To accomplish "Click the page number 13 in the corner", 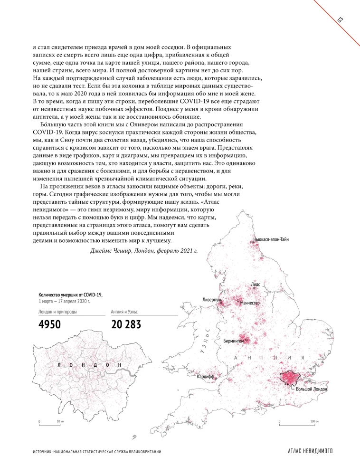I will click(x=341, y=19).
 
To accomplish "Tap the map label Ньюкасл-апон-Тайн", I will click(x=271, y=239).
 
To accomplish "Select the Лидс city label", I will click(x=256, y=284).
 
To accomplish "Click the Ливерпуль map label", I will click(x=212, y=300).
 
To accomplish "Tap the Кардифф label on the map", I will click(x=206, y=377).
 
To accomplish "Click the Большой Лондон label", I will click(x=312, y=389).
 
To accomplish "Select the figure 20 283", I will click(x=128, y=325).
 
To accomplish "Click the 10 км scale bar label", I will click(x=60, y=421).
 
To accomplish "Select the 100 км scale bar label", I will click(x=314, y=421).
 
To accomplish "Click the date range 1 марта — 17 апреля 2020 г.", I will click(x=64, y=302).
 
